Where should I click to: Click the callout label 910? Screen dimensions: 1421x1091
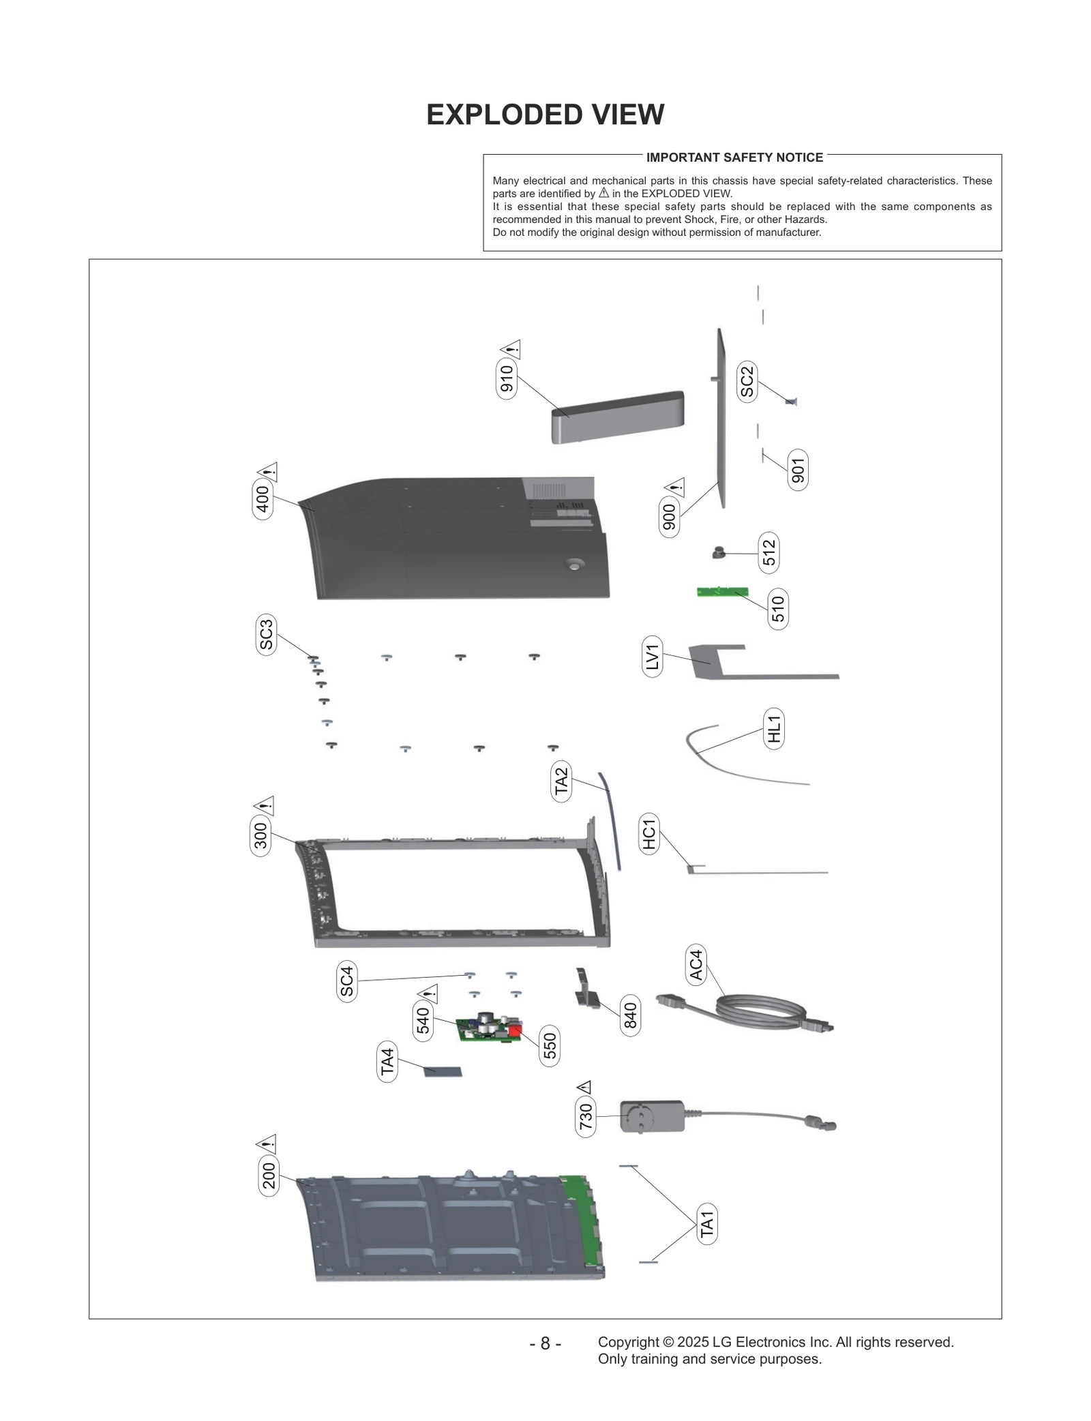[506, 379]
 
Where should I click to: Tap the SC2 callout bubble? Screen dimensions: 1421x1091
[747, 381]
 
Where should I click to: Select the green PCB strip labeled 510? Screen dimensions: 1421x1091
[722, 592]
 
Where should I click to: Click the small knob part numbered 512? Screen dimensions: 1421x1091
[719, 552]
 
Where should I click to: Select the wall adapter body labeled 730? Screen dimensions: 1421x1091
[652, 1116]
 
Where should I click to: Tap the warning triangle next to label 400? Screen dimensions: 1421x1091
[267, 472]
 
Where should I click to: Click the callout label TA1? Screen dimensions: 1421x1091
[707, 1224]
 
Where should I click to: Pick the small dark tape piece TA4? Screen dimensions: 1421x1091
[443, 1072]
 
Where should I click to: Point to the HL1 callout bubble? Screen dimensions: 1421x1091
[774, 728]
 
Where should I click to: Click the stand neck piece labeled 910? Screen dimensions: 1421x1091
[617, 417]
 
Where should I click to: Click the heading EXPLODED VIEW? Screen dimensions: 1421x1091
[545, 115]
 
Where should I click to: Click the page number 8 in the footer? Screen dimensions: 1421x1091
[545, 1343]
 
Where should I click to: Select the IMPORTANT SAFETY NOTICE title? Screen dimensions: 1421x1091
[734, 158]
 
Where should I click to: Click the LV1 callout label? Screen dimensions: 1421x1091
[653, 657]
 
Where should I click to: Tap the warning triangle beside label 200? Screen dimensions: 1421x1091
[266, 1143]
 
